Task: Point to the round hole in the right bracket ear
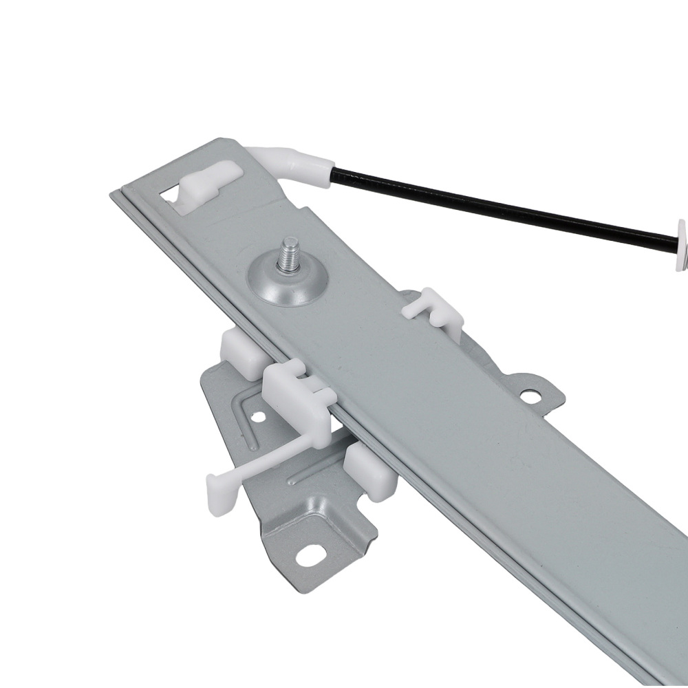pos(530,396)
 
